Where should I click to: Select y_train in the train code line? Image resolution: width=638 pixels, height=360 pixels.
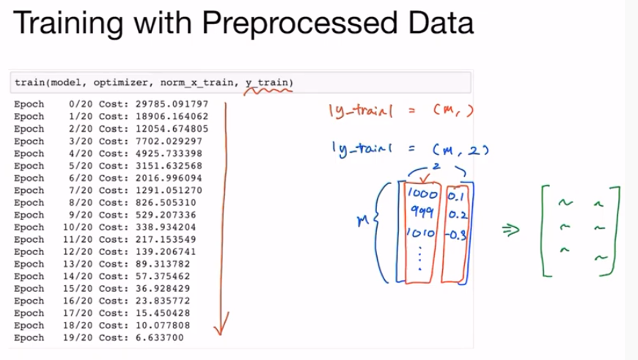(x=268, y=83)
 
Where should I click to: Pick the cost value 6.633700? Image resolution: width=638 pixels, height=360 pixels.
(x=160, y=338)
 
